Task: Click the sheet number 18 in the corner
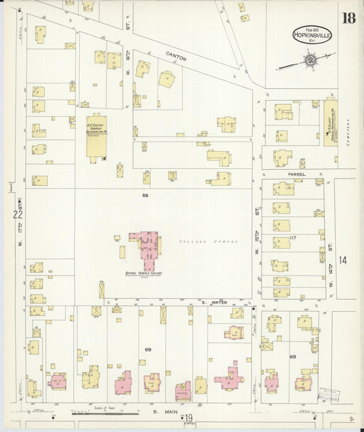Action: click(x=348, y=17)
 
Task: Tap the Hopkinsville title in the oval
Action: click(x=311, y=34)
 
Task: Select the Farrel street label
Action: click(x=296, y=175)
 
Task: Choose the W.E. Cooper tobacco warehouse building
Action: click(x=96, y=135)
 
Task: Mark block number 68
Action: click(x=292, y=356)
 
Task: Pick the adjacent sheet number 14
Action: click(x=342, y=260)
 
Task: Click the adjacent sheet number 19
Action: click(x=188, y=418)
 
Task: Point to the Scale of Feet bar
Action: click(x=106, y=414)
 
